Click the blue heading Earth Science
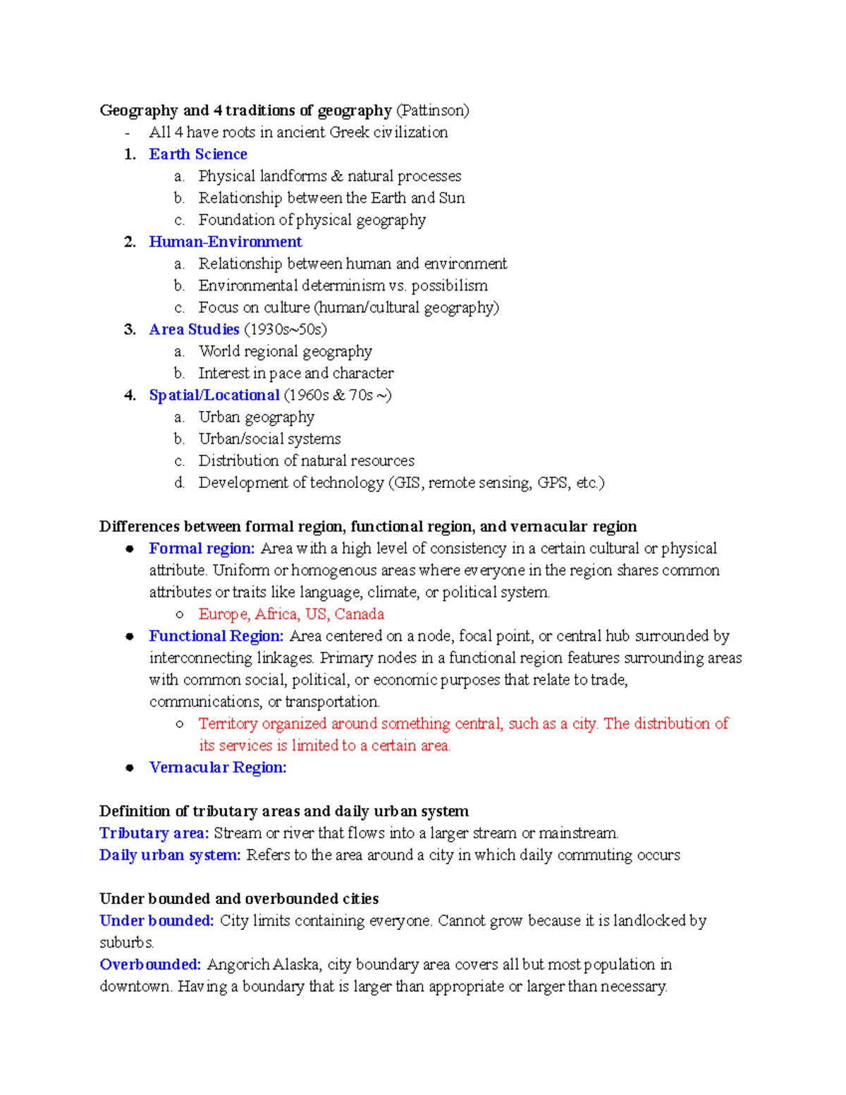click(x=198, y=154)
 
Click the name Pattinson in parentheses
click(x=432, y=111)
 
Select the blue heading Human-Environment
click(x=226, y=242)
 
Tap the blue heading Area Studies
click(x=194, y=329)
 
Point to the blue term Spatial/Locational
click(x=214, y=396)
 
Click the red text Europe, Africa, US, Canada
click(x=291, y=614)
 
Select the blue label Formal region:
click(x=202, y=549)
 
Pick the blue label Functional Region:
click(x=216, y=636)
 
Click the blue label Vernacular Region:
click(x=218, y=767)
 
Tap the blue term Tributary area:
click(x=154, y=833)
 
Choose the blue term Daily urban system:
click(x=170, y=855)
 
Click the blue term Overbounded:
click(x=150, y=965)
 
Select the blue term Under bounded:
click(x=157, y=921)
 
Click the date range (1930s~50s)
click(x=285, y=329)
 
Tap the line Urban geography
click(x=256, y=417)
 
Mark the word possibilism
click(x=449, y=286)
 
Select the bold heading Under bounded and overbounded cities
click(x=239, y=899)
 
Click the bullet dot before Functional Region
click(x=130, y=636)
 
